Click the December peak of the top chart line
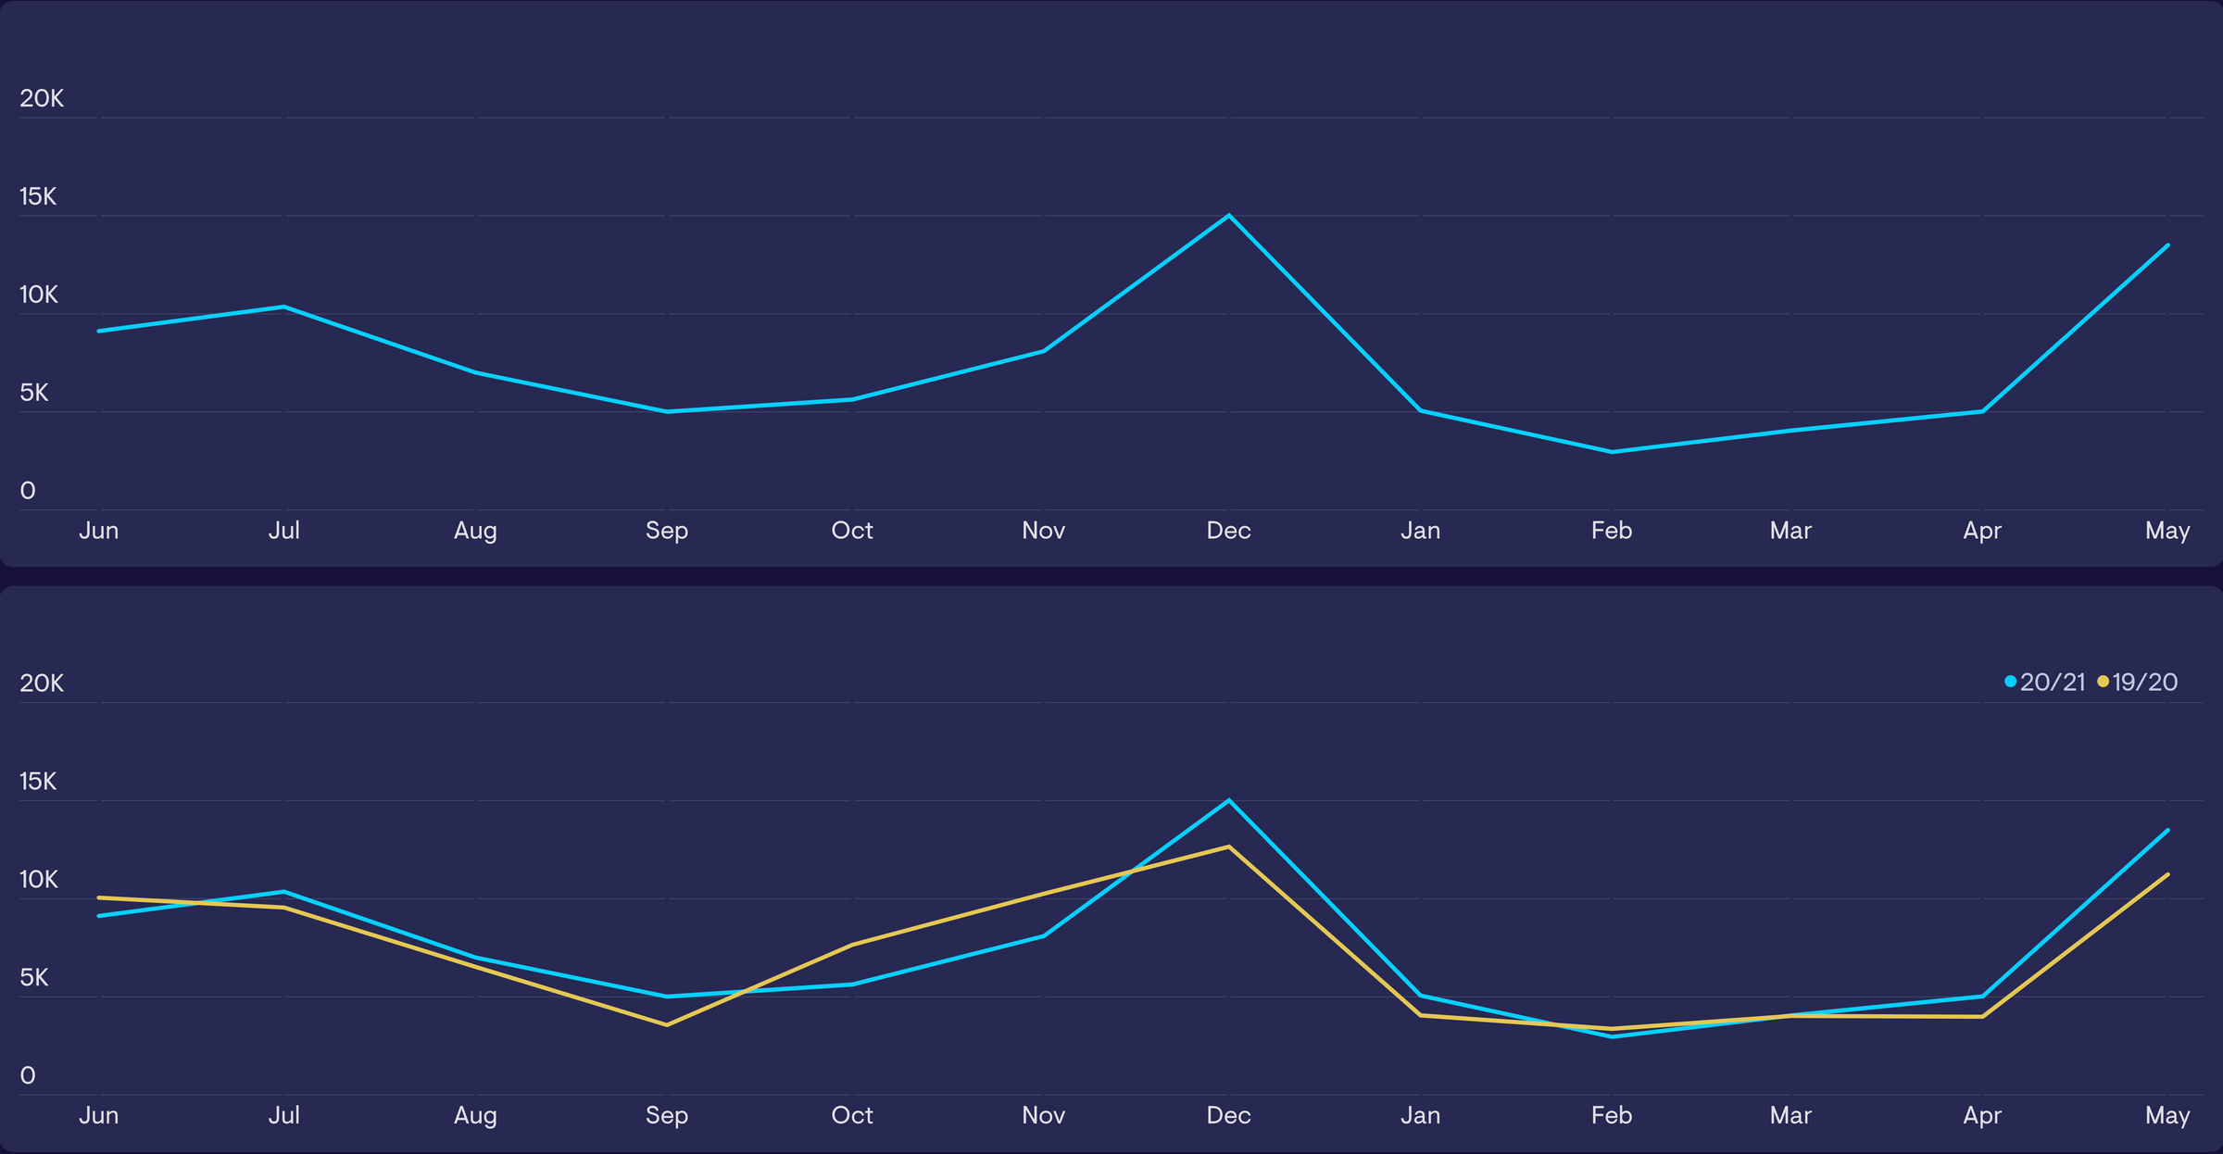pos(1228,216)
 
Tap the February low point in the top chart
pos(1612,452)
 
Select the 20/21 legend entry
pos(2044,683)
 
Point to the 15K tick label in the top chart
pos(38,196)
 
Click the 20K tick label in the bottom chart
pos(42,684)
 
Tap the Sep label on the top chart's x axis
pos(667,531)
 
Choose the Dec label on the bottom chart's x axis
pos(1228,1115)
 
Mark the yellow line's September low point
pos(667,1025)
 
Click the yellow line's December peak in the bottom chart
pos(1228,847)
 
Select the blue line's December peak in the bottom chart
pos(1228,800)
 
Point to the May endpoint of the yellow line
pos(2167,874)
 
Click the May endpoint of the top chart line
pos(2167,245)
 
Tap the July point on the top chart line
pos(284,307)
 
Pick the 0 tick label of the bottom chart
pos(28,1075)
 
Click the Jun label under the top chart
pos(98,531)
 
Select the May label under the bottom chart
pos(2167,1115)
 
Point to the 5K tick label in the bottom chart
pos(33,977)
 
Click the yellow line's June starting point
pos(99,897)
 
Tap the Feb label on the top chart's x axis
pos(1612,531)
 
